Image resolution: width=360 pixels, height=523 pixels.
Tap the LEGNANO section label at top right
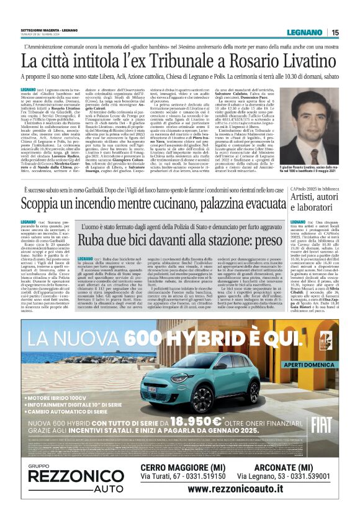(305, 32)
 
